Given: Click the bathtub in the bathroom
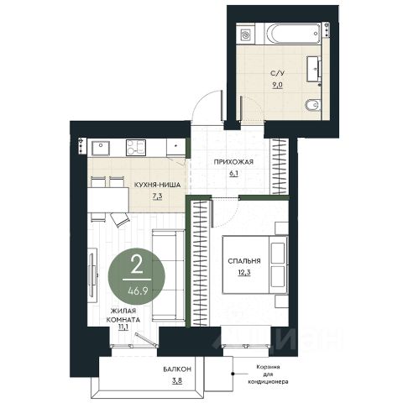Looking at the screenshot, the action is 292,34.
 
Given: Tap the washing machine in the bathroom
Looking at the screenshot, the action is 245,35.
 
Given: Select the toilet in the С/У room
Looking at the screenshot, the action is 312,105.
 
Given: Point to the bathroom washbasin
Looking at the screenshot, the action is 314,69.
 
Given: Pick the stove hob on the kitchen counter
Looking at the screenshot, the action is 136,148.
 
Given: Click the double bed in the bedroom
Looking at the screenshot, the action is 255,264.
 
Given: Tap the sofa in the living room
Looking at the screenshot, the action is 168,275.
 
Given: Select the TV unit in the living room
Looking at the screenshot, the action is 92,275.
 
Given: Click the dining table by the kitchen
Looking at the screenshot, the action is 108,200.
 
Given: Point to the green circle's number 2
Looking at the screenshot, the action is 137,265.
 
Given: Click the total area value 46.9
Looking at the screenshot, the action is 138,291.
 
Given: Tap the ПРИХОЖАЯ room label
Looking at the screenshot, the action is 233,162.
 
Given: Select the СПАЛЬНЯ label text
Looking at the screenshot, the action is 244,261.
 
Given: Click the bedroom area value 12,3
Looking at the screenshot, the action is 244,272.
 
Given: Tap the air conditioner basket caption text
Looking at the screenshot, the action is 268,374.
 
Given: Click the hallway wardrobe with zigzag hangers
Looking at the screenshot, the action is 280,167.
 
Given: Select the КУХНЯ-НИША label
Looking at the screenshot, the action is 157,185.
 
